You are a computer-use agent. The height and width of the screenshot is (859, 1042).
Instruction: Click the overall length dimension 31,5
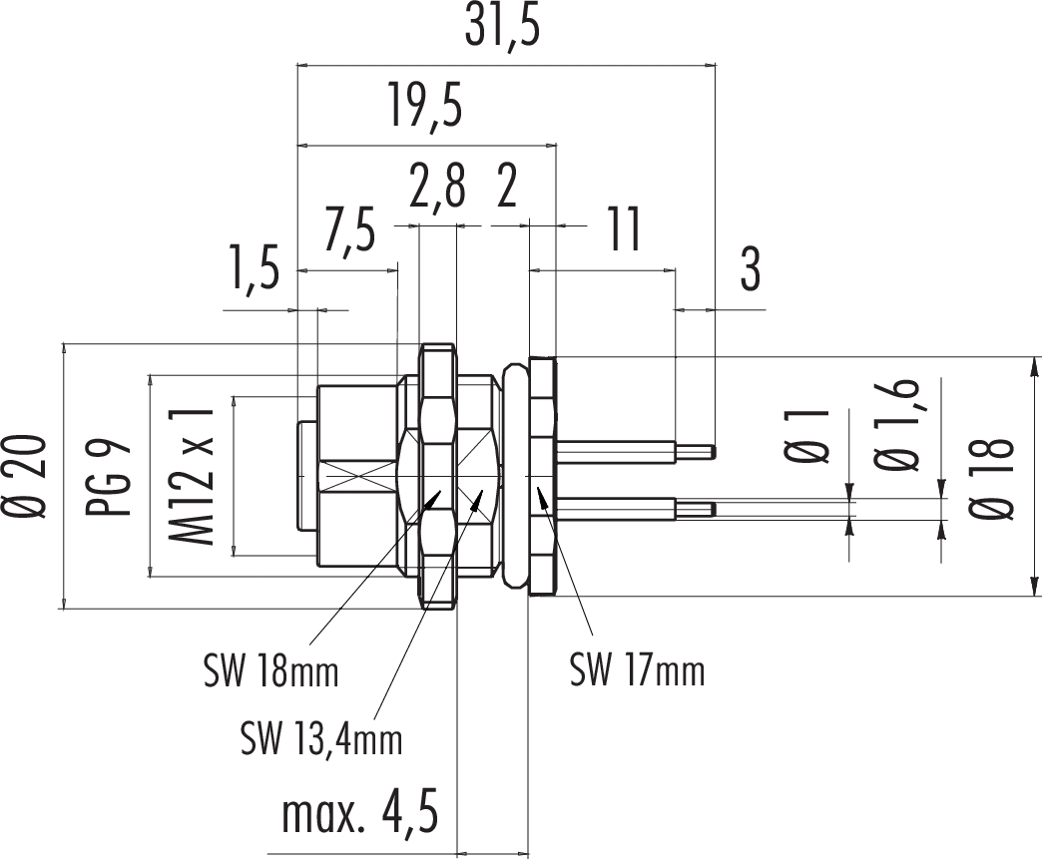(503, 30)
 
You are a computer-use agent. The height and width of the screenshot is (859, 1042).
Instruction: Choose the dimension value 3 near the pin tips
(750, 270)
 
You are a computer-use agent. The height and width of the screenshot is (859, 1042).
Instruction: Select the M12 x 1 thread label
(194, 476)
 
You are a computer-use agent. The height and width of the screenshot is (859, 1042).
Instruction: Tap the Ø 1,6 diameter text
(897, 425)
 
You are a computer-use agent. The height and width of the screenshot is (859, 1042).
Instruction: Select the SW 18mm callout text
(270, 671)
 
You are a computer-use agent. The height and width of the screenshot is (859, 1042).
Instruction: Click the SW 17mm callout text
(638, 669)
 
